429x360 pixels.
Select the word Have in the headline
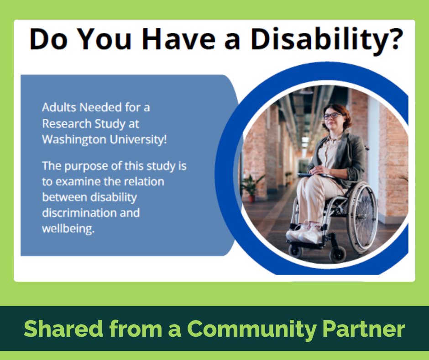(178, 40)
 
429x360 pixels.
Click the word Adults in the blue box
(59, 108)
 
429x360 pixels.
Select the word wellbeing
(68, 229)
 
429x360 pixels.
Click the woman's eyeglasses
(332, 116)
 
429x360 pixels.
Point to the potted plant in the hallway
(250, 187)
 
